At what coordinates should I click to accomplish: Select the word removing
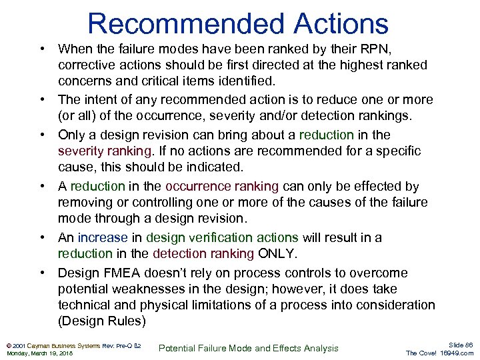(85, 203)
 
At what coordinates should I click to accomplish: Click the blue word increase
(101, 237)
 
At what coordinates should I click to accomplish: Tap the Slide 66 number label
(459, 345)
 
